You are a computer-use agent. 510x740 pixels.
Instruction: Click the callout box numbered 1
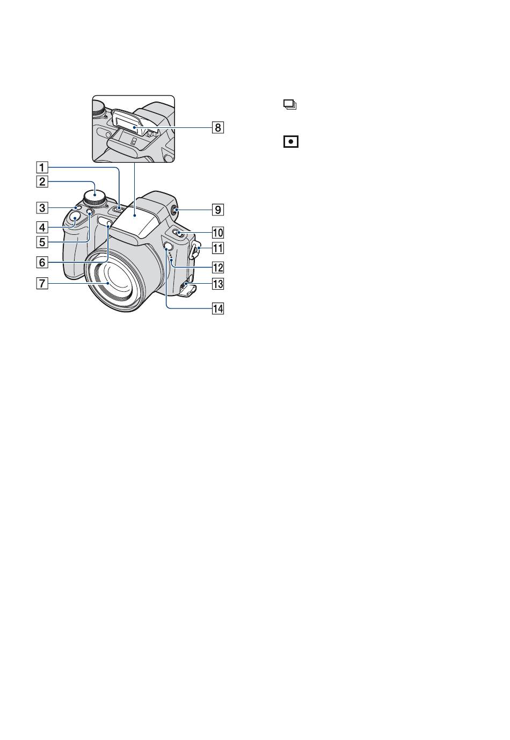point(42,167)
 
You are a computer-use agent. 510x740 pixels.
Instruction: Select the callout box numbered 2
point(42,181)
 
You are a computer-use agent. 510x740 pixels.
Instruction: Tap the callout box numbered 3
point(42,208)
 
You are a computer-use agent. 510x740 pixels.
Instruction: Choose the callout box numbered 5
point(42,242)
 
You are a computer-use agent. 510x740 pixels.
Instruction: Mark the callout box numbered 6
point(42,262)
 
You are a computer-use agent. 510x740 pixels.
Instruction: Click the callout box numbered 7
point(42,283)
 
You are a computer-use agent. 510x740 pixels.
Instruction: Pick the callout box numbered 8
point(217,127)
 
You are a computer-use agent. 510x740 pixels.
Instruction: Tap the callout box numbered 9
point(217,210)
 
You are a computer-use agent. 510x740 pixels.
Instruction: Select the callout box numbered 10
point(217,233)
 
